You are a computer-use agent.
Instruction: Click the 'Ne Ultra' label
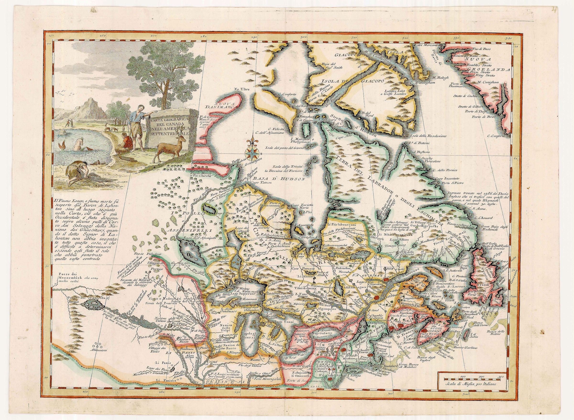click(x=242, y=89)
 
